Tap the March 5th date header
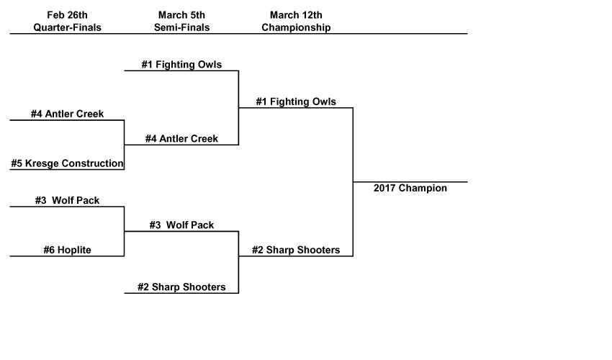[x=181, y=15]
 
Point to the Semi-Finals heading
[x=181, y=27]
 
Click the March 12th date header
[x=296, y=15]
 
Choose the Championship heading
[x=296, y=27]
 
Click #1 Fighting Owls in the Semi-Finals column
[x=181, y=65]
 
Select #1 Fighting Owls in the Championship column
[x=296, y=102]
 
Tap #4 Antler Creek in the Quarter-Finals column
[x=67, y=114]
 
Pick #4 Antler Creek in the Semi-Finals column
[x=181, y=139]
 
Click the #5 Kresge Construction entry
[x=67, y=163]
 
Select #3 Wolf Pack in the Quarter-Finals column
[x=67, y=201]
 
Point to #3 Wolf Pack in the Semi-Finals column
[x=181, y=225]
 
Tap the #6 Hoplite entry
[x=67, y=251]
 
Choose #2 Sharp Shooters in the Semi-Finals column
[x=181, y=287]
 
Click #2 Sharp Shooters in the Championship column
[x=296, y=251]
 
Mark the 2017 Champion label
[x=410, y=189]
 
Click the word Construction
[x=93, y=163]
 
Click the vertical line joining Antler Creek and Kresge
[x=125, y=144]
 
